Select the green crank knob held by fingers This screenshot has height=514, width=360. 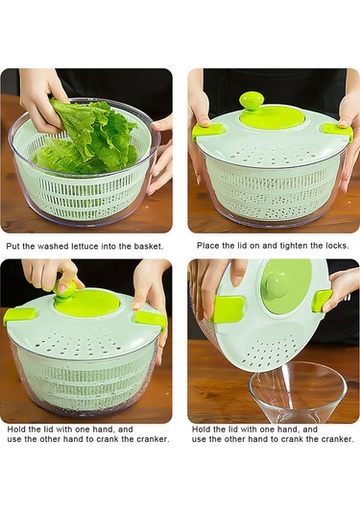[x=65, y=288]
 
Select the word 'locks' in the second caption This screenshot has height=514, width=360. [x=337, y=246]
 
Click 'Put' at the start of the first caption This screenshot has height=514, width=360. [x=12, y=246]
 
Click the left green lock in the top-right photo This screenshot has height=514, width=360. [x=208, y=131]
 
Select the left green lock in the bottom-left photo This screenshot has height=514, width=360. [x=19, y=316]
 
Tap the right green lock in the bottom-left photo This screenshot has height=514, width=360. [x=150, y=320]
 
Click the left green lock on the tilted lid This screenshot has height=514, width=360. [x=228, y=309]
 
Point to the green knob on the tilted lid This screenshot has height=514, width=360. [x=276, y=285]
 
